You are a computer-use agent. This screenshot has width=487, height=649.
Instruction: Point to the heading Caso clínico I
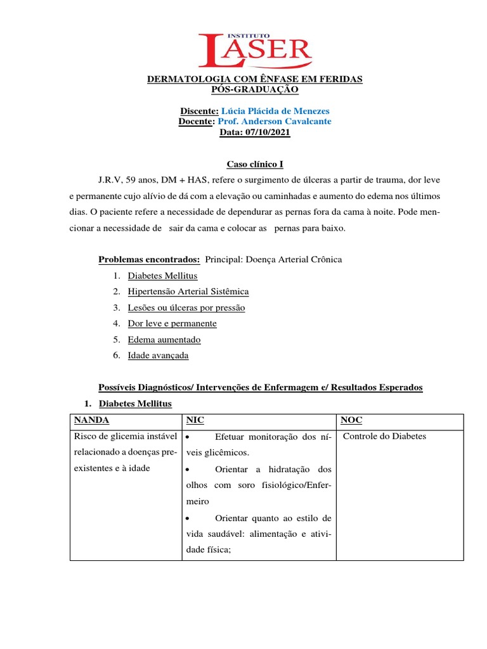[255, 164]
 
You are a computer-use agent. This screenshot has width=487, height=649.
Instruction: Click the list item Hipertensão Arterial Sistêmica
[188, 292]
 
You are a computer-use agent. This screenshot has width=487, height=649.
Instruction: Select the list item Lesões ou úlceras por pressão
[186, 307]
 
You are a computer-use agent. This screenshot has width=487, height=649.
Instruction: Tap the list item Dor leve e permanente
[172, 323]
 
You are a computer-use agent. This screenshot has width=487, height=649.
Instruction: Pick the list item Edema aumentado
[164, 339]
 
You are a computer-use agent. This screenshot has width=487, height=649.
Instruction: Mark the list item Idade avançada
[158, 355]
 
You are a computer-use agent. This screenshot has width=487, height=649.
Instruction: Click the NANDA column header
[92, 420]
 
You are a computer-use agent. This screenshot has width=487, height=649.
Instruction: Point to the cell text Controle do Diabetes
[384, 436]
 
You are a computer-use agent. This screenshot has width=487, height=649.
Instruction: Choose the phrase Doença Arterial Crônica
[298, 259]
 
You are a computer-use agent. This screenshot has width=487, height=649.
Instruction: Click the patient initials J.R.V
[110, 180]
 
